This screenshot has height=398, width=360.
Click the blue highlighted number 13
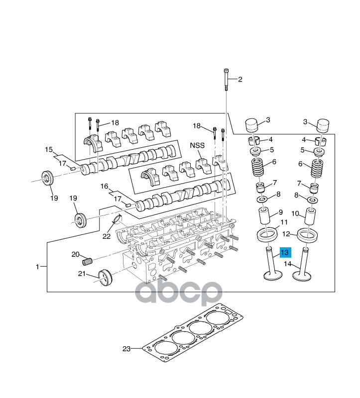[285, 252]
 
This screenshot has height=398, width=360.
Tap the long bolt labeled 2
[227, 80]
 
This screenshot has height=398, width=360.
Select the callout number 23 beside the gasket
[126, 349]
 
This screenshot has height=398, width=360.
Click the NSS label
[197, 145]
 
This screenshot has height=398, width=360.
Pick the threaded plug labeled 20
[87, 261]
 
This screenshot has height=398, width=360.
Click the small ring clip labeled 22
[118, 219]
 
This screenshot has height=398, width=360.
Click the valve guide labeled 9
[264, 216]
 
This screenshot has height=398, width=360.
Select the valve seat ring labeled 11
[266, 235]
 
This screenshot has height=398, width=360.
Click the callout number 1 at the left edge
[37, 267]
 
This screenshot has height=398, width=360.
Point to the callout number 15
[49, 150]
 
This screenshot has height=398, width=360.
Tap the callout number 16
[104, 186]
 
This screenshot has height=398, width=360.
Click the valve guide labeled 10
[311, 216]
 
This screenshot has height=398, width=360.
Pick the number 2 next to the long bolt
[240, 80]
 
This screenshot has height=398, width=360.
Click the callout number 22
[107, 236]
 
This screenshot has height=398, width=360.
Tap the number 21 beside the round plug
[82, 274]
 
